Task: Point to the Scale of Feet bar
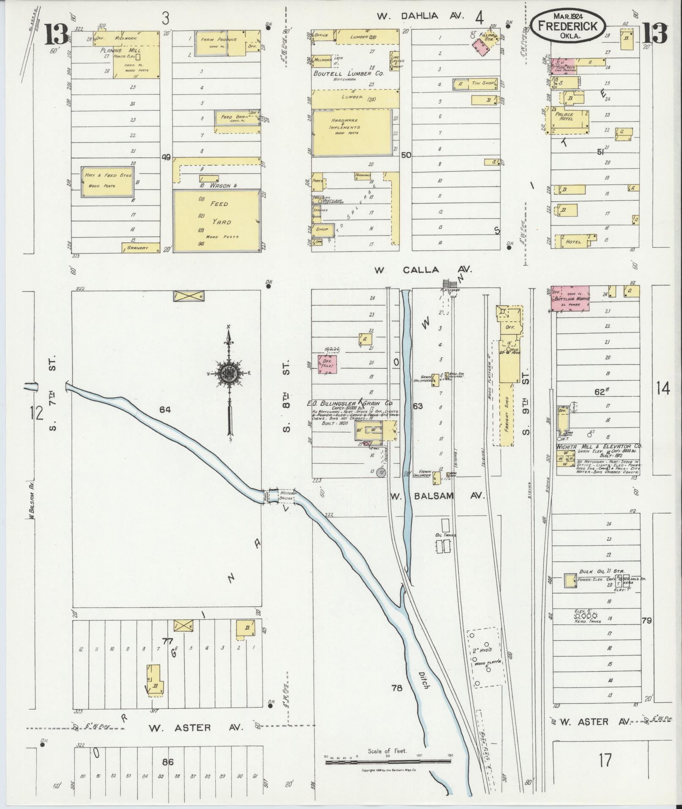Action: tap(388, 762)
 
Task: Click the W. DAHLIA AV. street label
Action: tap(421, 16)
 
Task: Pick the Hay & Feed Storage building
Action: tap(108, 181)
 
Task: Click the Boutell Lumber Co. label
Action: tap(348, 73)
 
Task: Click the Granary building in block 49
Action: tap(141, 248)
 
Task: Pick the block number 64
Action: tap(165, 409)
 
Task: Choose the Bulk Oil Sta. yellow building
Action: tap(570, 580)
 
